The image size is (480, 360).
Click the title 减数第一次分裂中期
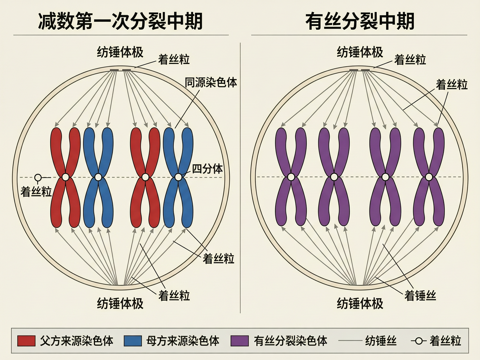[120, 22]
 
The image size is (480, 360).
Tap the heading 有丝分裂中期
[360, 22]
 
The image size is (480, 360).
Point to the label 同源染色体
[211, 82]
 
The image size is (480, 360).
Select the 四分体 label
[207, 169]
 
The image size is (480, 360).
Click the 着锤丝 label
[420, 296]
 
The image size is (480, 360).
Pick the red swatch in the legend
[26, 341]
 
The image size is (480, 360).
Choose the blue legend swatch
[133, 341]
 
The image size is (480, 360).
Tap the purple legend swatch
[239, 341]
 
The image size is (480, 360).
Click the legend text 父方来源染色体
[77, 341]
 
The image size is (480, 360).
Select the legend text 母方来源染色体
[183, 341]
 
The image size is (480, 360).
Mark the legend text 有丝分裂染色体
[291, 341]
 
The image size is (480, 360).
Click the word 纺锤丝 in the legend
[381, 341]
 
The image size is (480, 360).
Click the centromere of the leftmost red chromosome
[66, 177]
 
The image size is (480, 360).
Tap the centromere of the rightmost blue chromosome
[178, 177]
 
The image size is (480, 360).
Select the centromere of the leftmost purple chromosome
[291, 177]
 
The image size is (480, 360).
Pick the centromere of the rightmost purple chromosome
[429, 177]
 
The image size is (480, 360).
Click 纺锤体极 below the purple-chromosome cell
[360, 304]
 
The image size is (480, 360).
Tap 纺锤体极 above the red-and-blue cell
[120, 52]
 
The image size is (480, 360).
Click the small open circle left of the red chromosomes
[38, 177]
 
